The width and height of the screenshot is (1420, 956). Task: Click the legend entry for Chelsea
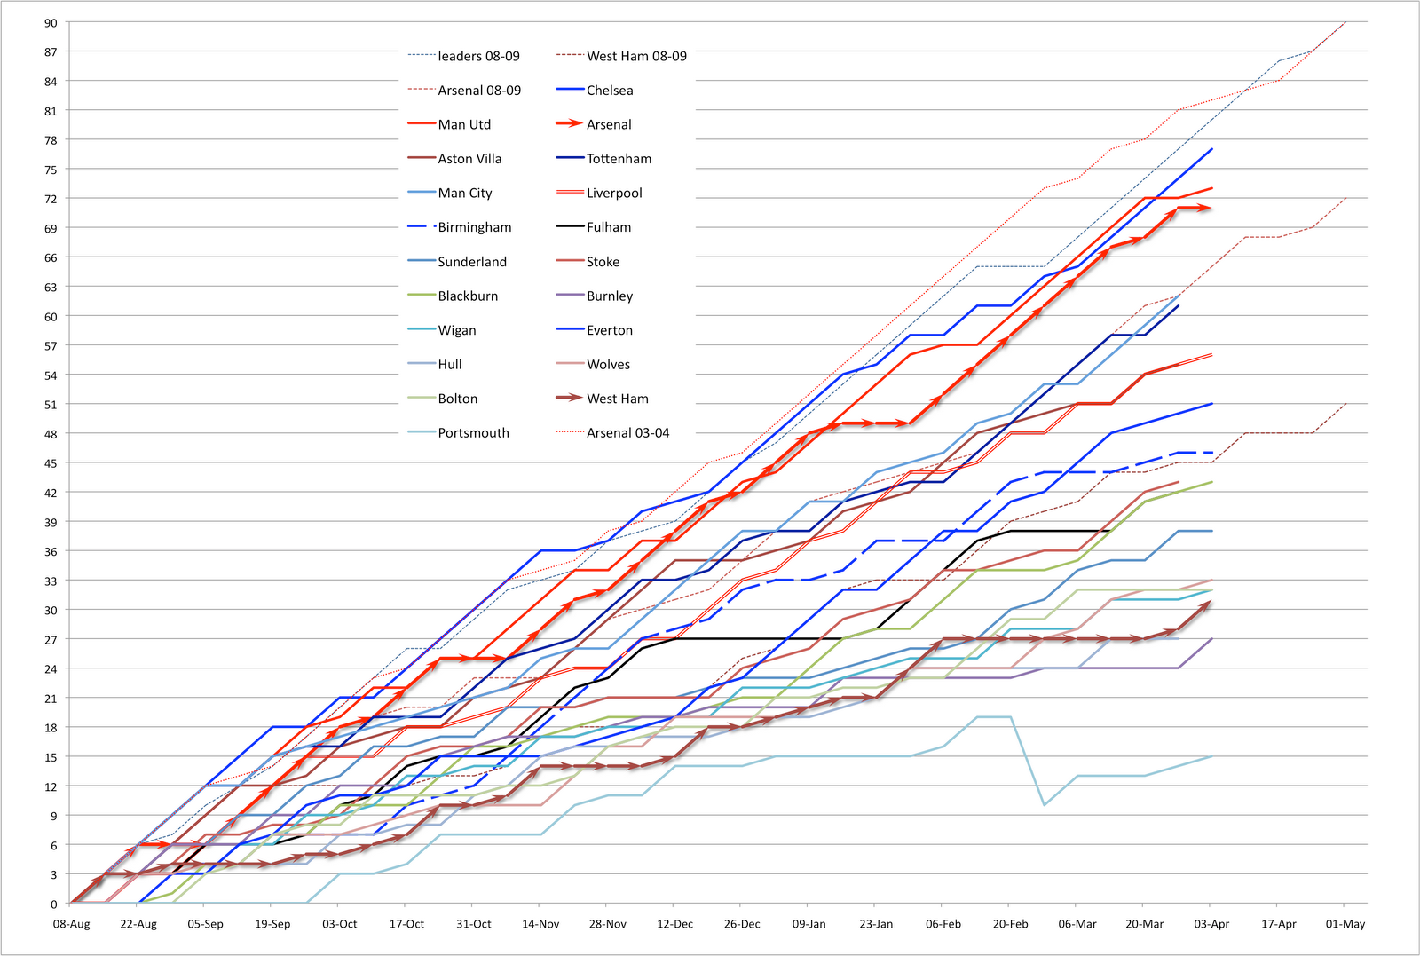610,91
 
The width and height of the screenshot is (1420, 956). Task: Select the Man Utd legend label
464,124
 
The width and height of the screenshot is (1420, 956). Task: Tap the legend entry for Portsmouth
473,433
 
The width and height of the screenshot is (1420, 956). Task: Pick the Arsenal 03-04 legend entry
627,433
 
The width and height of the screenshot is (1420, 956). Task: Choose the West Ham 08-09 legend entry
636,56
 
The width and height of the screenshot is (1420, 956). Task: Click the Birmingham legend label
475,227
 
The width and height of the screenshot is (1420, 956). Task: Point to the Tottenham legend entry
619,159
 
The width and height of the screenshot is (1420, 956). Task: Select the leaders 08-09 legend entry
478,56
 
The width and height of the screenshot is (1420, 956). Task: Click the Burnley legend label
610,296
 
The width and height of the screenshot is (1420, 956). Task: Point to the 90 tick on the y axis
51,23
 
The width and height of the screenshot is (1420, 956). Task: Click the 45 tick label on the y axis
51,463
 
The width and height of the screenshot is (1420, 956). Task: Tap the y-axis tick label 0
53,905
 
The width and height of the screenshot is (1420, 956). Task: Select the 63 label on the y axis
51,287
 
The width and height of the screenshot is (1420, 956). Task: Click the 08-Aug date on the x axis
72,924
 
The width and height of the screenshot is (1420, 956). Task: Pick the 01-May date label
1345,924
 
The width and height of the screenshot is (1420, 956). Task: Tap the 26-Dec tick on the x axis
742,924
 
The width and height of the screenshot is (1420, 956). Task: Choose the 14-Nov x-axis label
540,924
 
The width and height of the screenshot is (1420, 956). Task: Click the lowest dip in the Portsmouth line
1045,805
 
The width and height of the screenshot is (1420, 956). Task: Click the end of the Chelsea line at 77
1212,149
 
